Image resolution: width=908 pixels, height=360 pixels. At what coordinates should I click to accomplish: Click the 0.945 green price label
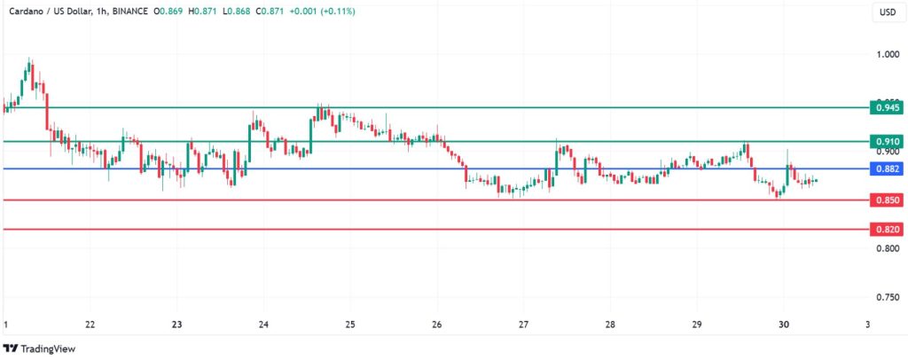tap(888, 108)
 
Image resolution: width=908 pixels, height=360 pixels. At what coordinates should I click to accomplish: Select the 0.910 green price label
tap(888, 142)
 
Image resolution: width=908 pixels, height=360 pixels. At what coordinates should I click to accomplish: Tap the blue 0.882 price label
tap(888, 168)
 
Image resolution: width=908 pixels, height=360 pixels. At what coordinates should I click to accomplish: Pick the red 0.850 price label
tap(888, 200)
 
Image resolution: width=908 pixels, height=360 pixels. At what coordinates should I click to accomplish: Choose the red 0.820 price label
tap(888, 230)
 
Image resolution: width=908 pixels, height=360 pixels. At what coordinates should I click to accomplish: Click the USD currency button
tap(887, 12)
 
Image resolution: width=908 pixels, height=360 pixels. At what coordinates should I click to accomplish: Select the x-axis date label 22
tap(90, 325)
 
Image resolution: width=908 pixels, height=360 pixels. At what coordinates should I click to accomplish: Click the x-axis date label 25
tap(350, 325)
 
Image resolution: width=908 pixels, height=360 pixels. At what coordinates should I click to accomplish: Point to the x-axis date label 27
tap(523, 325)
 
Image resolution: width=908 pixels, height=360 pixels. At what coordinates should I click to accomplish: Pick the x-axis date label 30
tap(783, 325)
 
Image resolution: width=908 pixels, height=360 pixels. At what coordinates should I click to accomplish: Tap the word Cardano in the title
tap(24, 12)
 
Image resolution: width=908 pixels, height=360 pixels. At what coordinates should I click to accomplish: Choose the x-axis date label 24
tap(263, 325)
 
